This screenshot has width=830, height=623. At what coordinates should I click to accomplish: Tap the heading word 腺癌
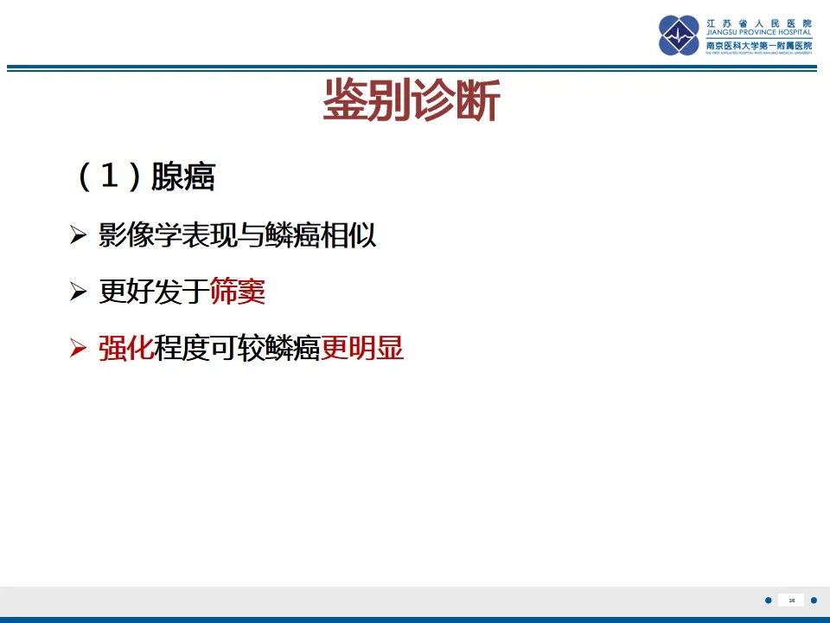click(183, 177)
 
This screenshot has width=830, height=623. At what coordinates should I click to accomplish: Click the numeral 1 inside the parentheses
click(109, 177)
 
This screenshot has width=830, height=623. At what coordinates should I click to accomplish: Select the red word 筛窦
click(237, 292)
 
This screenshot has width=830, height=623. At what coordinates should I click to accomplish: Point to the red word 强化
click(126, 350)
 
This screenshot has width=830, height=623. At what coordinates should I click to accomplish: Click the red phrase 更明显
click(362, 350)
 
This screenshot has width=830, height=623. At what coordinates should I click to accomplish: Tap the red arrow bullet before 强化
click(79, 350)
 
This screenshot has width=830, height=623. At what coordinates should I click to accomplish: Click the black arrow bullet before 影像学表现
click(79, 236)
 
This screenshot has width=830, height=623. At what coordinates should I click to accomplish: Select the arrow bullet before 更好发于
click(79, 293)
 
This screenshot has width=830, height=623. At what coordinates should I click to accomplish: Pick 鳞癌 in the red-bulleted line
click(293, 350)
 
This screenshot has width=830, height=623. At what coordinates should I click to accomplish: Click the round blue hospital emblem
click(679, 35)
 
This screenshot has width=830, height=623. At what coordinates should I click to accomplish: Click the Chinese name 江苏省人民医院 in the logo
click(759, 22)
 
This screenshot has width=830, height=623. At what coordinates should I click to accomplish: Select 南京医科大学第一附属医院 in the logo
click(759, 44)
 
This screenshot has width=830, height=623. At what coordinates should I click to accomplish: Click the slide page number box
click(791, 600)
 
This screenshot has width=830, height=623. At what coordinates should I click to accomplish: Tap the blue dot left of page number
click(769, 600)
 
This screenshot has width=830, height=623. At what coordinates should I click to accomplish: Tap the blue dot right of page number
click(814, 600)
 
